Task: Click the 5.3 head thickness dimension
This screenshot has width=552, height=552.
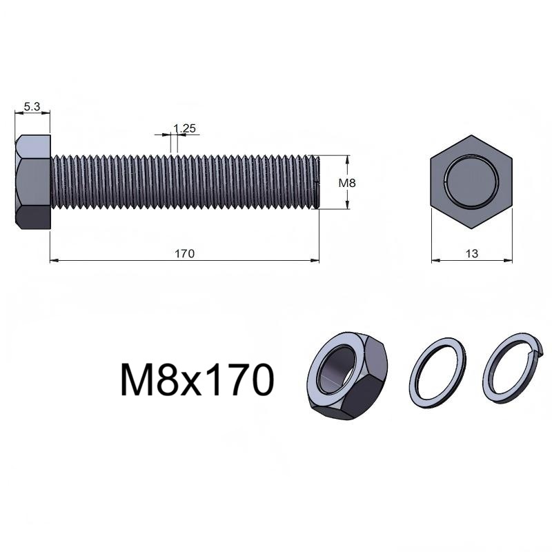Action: pyautogui.click(x=32, y=106)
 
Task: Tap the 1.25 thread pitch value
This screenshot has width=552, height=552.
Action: pyautogui.click(x=184, y=128)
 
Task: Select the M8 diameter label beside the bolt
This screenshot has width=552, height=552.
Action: pyautogui.click(x=347, y=183)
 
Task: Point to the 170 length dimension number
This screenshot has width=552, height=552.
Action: pyautogui.click(x=184, y=253)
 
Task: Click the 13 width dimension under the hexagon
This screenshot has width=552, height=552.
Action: pyautogui.click(x=472, y=253)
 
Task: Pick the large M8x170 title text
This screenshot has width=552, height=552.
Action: pyautogui.click(x=197, y=381)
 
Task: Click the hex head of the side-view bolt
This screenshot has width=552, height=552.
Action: pyautogui.click(x=32, y=182)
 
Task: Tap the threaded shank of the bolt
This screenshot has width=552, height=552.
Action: pyautogui.click(x=185, y=182)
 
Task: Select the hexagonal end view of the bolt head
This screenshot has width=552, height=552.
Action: pyautogui.click(x=471, y=182)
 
